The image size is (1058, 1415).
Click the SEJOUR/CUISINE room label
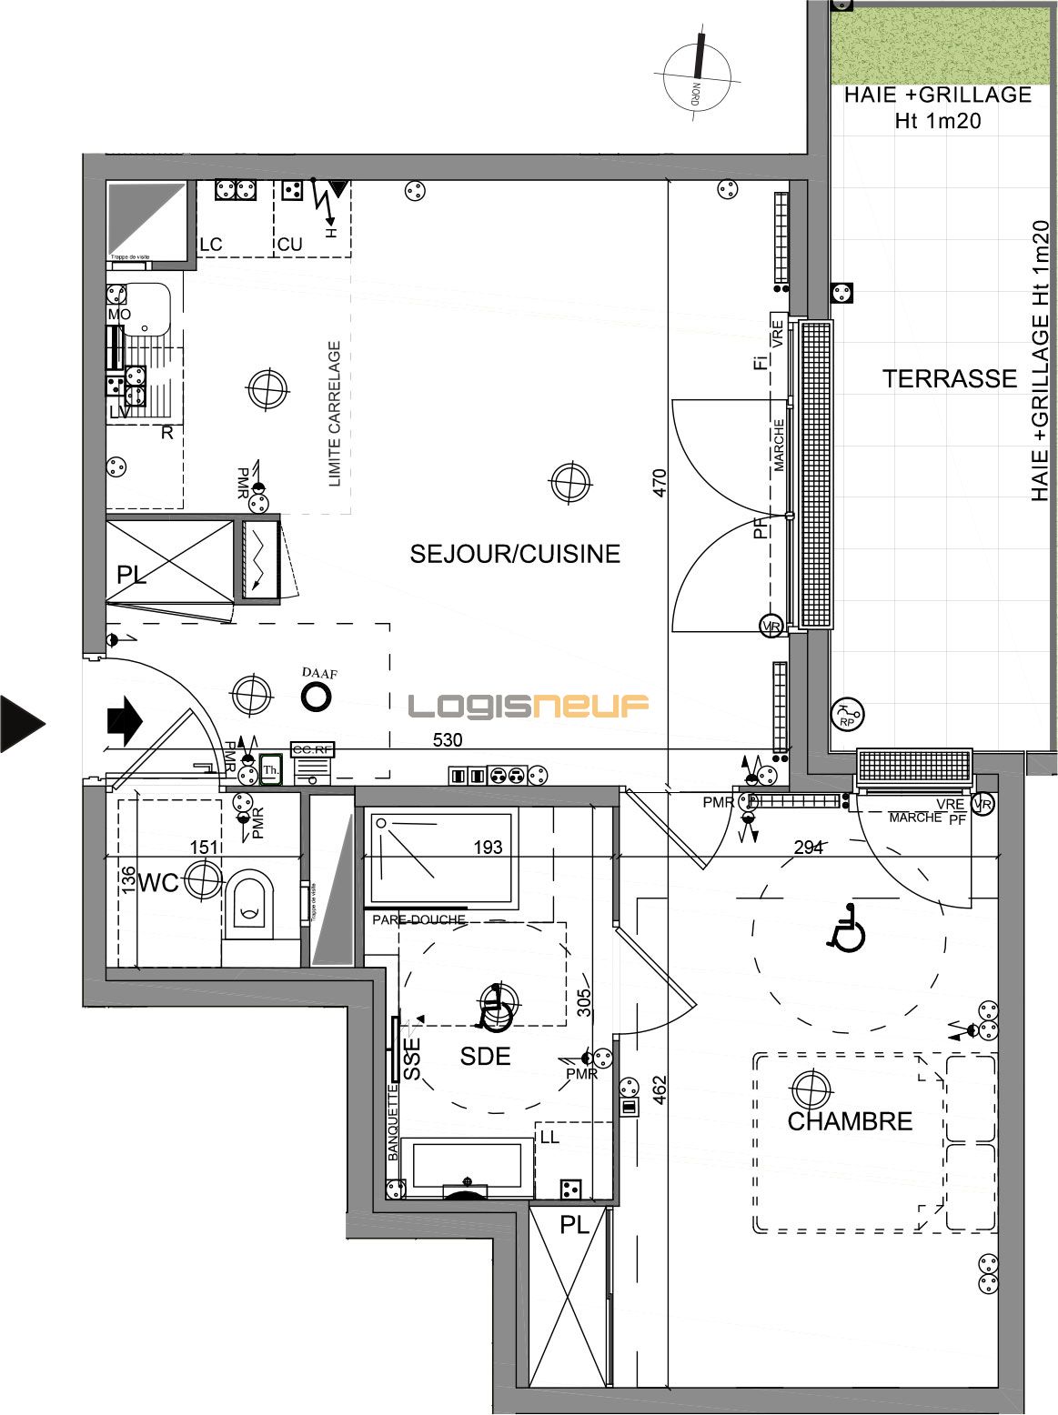pyautogui.click(x=515, y=554)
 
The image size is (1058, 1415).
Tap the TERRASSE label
pyautogui.click(x=949, y=378)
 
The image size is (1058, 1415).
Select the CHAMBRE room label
pyautogui.click(x=850, y=1121)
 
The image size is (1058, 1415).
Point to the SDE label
pyautogui.click(x=485, y=1056)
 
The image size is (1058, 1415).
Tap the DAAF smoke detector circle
pyautogui.click(x=317, y=697)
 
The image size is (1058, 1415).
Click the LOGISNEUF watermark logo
pyautogui.click(x=528, y=706)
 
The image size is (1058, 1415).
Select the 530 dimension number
pyautogui.click(x=448, y=739)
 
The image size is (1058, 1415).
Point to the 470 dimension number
pyautogui.click(x=660, y=482)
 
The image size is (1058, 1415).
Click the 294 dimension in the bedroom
pyautogui.click(x=808, y=848)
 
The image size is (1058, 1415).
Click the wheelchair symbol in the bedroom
pyautogui.click(x=847, y=929)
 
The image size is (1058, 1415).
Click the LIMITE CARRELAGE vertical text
pyautogui.click(x=334, y=414)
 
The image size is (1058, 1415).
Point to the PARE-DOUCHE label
pyautogui.click(x=418, y=919)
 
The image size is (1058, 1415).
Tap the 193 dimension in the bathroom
pyautogui.click(x=488, y=847)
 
